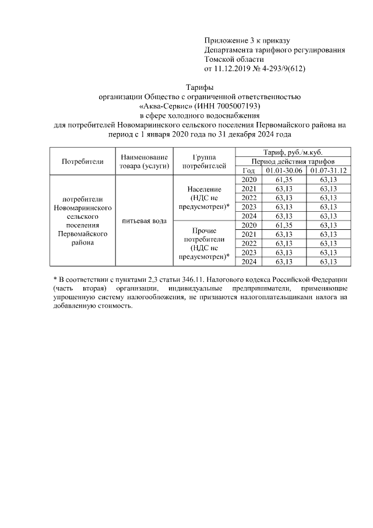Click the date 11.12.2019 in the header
tap(231, 68)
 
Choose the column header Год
tap(249, 170)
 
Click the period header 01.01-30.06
tap(283, 170)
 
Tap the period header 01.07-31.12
tap(328, 170)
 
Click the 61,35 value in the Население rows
tap(283, 180)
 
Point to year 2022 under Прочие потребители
tap(249, 243)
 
